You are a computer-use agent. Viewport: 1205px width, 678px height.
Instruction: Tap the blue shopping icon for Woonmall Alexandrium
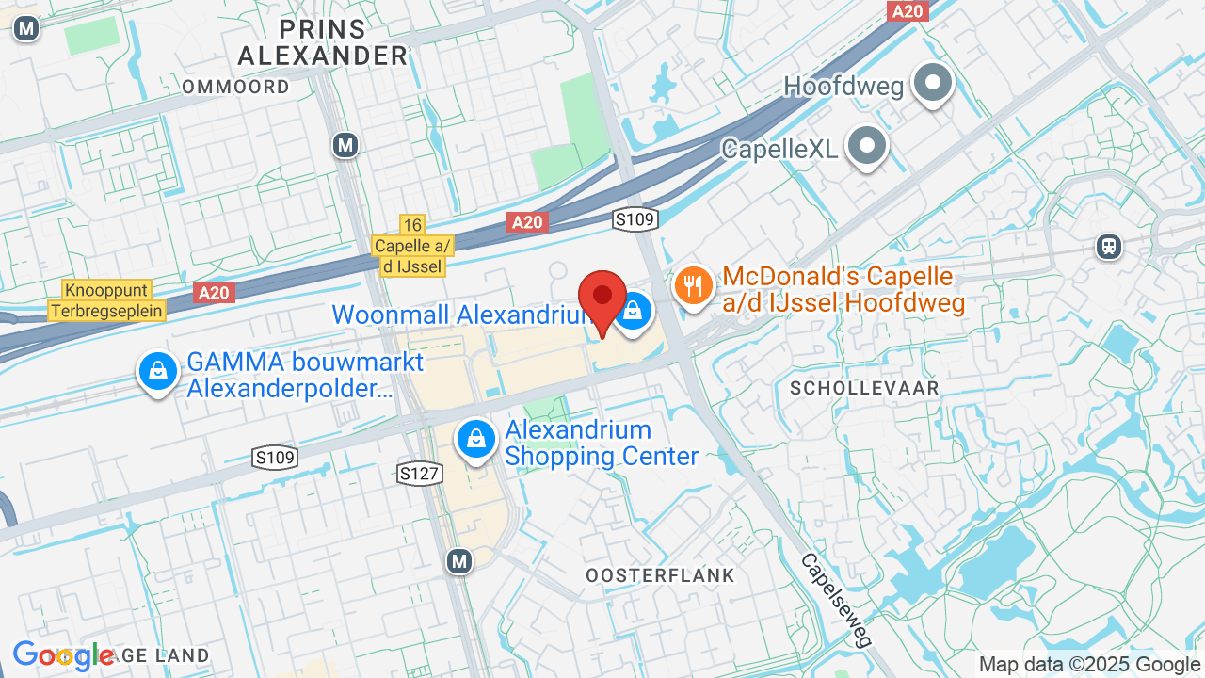(635, 311)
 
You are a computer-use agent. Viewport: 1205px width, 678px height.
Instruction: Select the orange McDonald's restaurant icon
(694, 284)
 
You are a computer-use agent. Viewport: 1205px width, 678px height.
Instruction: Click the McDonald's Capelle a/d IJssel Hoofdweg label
(844, 290)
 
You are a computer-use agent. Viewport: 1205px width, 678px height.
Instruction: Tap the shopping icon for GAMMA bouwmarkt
(158, 372)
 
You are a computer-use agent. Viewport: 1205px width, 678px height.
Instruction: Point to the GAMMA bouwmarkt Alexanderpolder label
(305, 375)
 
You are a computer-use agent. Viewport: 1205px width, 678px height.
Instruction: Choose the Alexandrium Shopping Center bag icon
(477, 440)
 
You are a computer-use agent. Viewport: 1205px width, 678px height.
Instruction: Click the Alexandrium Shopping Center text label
(602, 444)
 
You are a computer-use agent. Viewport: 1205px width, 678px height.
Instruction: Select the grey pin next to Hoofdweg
(933, 83)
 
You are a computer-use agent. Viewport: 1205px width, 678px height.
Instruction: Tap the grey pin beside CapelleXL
(867, 146)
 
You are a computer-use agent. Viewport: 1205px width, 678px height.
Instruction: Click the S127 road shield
(419, 473)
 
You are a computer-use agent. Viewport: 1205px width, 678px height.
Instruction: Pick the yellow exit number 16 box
(411, 224)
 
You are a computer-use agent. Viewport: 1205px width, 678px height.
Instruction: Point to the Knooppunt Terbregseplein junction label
(106, 300)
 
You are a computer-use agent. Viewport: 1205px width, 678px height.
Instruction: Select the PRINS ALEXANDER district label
(322, 41)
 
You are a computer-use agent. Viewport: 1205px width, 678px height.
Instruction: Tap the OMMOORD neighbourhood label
(235, 87)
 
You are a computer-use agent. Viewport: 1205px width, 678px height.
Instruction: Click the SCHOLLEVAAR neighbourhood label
(864, 388)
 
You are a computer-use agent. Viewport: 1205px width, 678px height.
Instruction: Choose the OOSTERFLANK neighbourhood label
(660, 574)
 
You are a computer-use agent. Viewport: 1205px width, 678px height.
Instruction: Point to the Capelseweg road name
(837, 600)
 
